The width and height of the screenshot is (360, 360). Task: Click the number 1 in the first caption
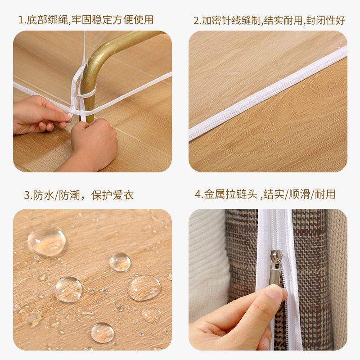click(21, 20)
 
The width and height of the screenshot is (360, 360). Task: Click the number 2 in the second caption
click(196, 20)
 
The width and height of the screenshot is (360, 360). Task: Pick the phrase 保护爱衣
click(112, 195)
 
